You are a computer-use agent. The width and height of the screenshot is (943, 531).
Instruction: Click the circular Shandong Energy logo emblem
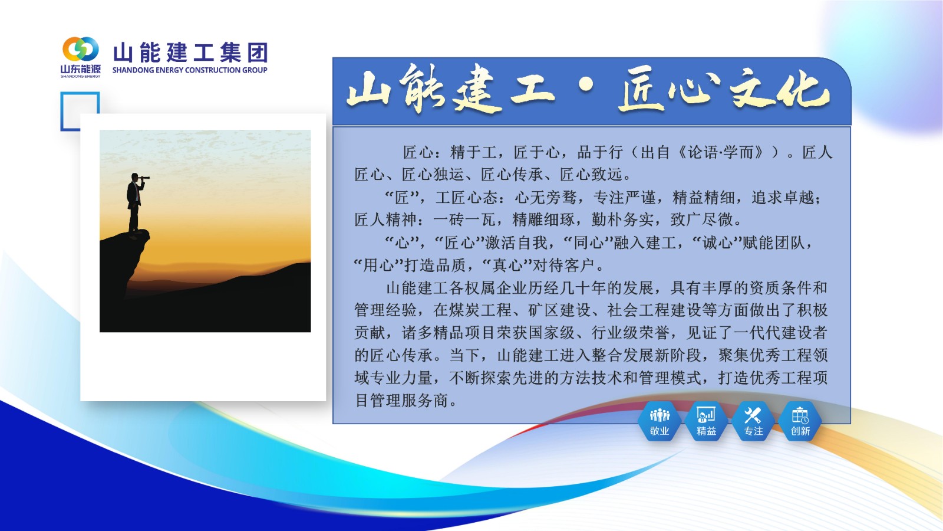(x=81, y=50)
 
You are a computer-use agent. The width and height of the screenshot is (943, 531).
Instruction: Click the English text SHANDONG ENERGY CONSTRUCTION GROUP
(x=189, y=70)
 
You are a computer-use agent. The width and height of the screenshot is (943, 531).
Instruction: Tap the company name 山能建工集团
(x=190, y=53)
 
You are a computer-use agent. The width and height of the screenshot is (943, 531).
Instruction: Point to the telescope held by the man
(x=143, y=178)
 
